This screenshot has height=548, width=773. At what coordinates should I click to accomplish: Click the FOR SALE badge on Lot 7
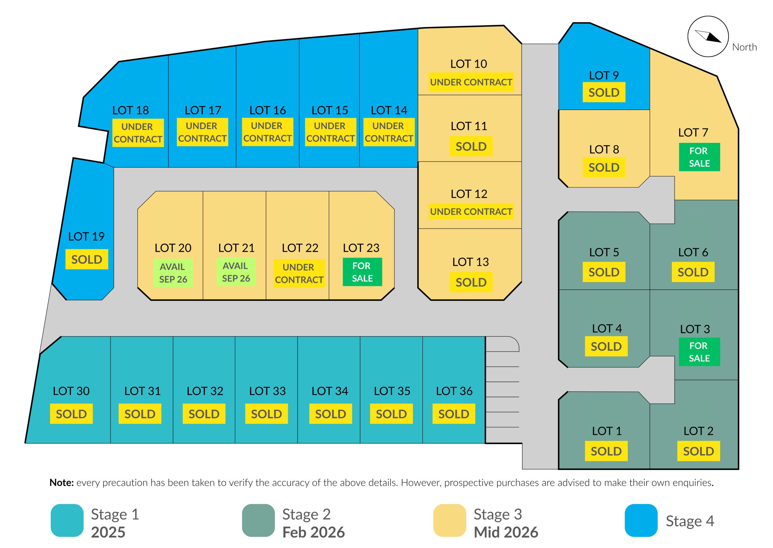699,157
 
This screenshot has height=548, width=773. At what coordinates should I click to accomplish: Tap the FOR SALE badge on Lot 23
362,272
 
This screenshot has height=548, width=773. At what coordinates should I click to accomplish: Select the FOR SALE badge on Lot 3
699,352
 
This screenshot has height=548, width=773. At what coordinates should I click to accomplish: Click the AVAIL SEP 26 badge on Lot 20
173,273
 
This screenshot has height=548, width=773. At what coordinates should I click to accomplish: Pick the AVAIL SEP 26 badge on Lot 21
236,272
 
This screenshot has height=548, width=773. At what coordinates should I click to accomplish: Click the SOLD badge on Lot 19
87,259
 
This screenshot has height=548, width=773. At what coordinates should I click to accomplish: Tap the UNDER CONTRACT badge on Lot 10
471,82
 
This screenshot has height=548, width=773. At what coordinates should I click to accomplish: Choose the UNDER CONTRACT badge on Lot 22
299,273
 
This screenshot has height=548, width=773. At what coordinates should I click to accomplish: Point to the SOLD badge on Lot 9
604,92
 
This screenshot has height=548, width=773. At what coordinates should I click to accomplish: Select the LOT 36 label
454,391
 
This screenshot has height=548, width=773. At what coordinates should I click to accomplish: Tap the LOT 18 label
130,110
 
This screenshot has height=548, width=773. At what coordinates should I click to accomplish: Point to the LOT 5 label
604,252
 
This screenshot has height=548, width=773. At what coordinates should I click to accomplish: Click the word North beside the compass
744,47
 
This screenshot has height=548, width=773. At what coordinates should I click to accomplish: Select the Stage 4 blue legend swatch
641,520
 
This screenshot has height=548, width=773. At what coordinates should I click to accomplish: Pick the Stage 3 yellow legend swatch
450,520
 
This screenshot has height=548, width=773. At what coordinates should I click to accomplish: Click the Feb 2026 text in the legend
313,533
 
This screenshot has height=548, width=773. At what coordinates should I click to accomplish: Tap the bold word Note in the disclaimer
62,482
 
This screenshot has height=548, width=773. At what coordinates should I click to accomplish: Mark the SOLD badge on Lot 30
71,414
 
